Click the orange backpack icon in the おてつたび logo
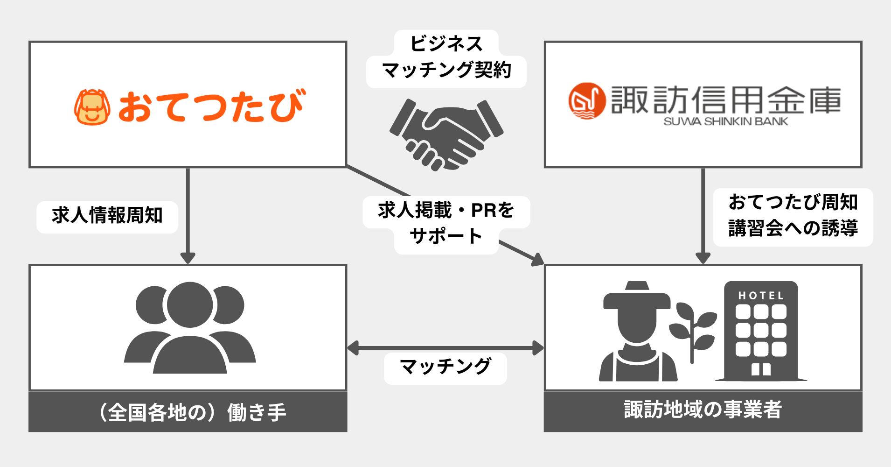click(x=92, y=107)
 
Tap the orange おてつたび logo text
click(x=211, y=106)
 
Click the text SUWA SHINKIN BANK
click(x=725, y=122)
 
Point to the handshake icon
click(x=446, y=134)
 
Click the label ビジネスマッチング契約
click(x=446, y=58)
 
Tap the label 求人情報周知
click(x=107, y=216)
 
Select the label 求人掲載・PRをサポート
click(x=446, y=223)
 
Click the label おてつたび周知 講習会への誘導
click(x=793, y=216)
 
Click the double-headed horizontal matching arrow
click(x=445, y=348)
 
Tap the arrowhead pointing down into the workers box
click(x=188, y=257)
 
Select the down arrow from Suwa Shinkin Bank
click(x=703, y=215)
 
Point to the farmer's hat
click(x=637, y=297)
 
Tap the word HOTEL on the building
click(x=761, y=296)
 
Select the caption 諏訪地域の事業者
click(x=703, y=410)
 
